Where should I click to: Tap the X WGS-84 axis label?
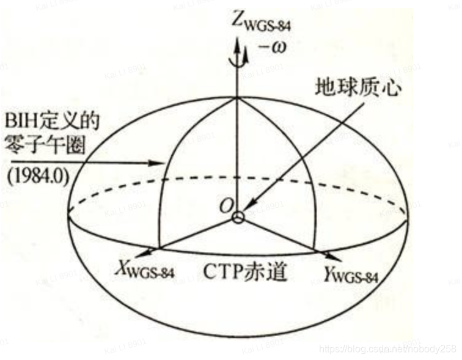coord(144,270)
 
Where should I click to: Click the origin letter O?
coord(226,206)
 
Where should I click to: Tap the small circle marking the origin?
coord(238,217)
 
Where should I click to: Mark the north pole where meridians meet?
coord(237,98)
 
